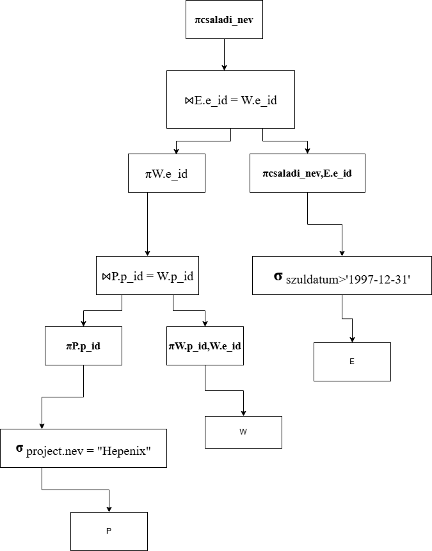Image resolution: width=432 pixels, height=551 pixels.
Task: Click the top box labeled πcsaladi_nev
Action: [x=224, y=19]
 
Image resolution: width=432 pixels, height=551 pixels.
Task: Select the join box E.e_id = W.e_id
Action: [x=230, y=100]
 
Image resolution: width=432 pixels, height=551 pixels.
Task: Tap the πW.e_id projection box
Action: [x=166, y=173]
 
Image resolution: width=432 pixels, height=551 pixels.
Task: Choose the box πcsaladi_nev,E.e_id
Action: [x=307, y=173]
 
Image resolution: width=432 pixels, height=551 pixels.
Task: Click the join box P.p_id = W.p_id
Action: [x=147, y=276]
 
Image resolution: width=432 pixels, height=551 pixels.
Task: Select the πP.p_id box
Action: [x=83, y=346]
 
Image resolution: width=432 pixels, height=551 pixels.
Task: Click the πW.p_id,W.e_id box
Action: [x=205, y=346]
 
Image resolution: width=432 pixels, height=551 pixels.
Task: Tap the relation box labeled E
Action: [x=352, y=362]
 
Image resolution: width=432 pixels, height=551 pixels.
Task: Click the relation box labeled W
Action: [x=243, y=432]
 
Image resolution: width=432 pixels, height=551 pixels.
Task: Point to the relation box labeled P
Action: [x=109, y=531]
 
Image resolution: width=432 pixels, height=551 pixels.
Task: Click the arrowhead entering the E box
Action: [x=352, y=339]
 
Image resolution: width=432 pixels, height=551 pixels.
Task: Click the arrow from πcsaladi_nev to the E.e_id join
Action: [x=224, y=54]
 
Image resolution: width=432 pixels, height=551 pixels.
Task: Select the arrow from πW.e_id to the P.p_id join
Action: [x=147, y=224]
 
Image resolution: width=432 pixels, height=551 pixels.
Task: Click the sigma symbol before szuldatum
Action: [x=278, y=276]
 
